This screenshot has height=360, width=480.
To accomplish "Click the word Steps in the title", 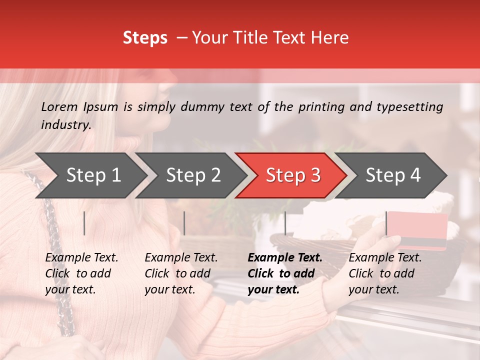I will (x=145, y=38).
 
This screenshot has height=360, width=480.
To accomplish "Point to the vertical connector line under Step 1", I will (x=84, y=223).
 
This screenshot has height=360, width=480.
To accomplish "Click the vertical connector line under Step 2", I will (x=184, y=223).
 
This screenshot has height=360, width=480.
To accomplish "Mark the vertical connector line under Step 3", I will (x=285, y=223).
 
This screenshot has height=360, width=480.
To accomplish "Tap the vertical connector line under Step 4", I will (x=386, y=223).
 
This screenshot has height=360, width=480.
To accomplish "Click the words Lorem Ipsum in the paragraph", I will (x=79, y=107).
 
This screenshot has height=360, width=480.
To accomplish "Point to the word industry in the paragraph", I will (x=65, y=125).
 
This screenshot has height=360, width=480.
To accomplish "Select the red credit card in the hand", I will (x=417, y=230).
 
